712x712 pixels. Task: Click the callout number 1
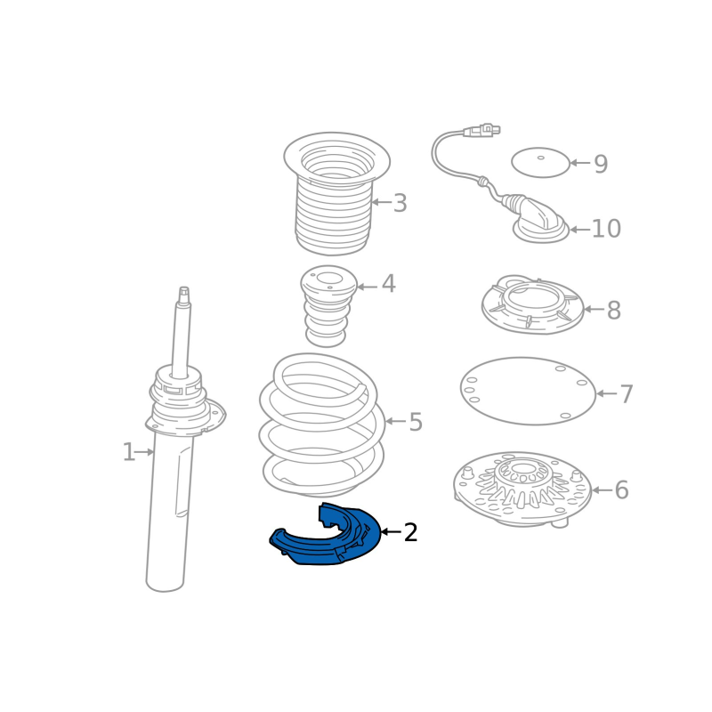coord(129,452)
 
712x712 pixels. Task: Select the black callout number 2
coord(410,532)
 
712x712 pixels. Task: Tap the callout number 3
coord(400,203)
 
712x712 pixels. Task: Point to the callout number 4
coord(388,284)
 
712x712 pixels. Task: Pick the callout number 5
coord(416,422)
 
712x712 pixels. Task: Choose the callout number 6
coord(621,490)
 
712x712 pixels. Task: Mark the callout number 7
coord(627,394)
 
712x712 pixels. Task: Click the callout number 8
coord(613,310)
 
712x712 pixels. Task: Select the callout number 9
coord(601,164)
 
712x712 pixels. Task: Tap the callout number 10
coord(606,229)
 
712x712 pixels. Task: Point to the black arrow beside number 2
coord(392,531)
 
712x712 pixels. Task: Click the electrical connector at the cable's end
coord(481,130)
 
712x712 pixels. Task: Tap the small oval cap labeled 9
coord(540,163)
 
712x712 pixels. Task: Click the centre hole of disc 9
coord(541,158)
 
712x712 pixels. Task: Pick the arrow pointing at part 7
coord(607,393)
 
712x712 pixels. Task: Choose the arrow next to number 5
coord(395,422)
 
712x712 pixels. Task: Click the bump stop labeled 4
coord(328,306)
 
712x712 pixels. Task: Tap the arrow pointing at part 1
coord(145,452)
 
